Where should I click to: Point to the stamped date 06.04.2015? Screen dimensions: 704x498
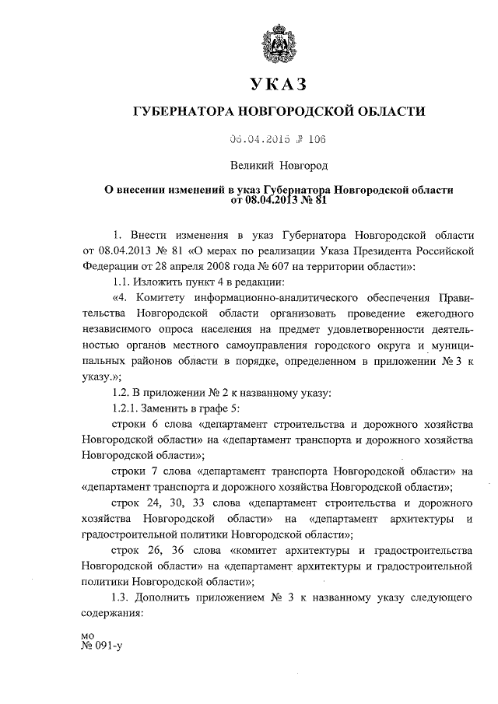pyautogui.click(x=259, y=140)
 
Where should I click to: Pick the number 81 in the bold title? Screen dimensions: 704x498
pyautogui.click(x=317, y=199)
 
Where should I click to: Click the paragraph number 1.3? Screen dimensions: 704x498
pyautogui.click(x=124, y=598)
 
